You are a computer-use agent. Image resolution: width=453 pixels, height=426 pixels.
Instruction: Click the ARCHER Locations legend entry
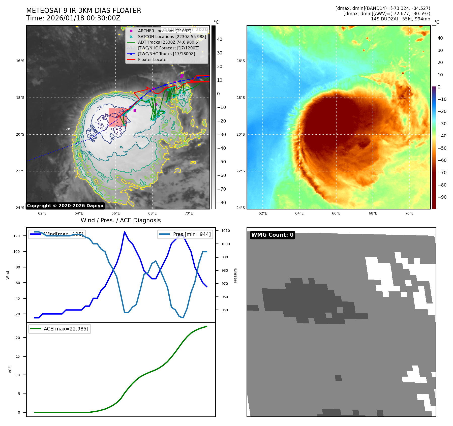[x=164, y=31]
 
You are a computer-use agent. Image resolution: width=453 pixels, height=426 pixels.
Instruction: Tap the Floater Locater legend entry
[x=153, y=59]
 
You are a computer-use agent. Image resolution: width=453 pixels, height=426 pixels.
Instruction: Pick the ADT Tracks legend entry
[x=168, y=42]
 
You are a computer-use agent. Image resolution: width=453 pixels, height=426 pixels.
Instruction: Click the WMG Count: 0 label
[x=272, y=235]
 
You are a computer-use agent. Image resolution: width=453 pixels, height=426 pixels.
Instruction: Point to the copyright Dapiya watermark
[x=65, y=206]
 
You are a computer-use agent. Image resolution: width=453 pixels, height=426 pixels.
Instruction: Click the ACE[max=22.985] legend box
[x=60, y=329]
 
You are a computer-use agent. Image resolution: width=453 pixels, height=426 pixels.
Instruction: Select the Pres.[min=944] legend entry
[x=186, y=234]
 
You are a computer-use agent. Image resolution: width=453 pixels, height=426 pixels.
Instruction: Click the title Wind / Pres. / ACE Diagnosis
[x=120, y=220]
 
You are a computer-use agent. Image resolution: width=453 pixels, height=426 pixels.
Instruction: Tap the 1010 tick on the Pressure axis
[x=226, y=231]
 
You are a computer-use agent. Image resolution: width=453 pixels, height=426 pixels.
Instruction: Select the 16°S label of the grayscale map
[x=20, y=61]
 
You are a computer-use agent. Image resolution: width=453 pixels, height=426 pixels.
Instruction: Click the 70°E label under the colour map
[x=409, y=213]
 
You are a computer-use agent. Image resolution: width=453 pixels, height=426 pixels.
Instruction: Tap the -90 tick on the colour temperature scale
[x=442, y=197]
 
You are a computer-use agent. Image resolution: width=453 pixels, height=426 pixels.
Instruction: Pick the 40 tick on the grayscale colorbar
[x=220, y=39]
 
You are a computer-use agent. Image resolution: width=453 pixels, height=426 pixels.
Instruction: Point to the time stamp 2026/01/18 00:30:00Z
[x=83, y=18]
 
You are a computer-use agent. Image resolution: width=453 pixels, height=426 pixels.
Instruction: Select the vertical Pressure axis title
[x=235, y=275]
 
